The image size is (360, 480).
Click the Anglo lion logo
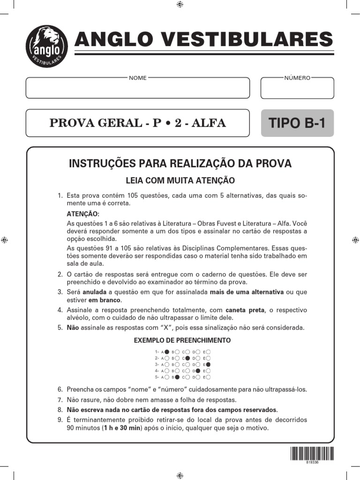pos(46,46)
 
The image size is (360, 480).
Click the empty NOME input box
pos(137,88)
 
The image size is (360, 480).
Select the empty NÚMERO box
pos(297,88)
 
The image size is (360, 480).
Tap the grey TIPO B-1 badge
pos(297,123)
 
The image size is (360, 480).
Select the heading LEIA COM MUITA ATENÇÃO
pos(180,180)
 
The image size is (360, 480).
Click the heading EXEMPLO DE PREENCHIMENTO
pos(182,340)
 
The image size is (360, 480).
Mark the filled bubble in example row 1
pos(167,351)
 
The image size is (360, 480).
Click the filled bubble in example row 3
pos(208,364)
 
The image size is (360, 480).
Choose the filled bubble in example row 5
pos(177,377)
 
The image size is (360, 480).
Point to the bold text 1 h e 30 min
pos(123,428)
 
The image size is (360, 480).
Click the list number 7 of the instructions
pos(60,400)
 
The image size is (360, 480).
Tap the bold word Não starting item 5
pos(73,328)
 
